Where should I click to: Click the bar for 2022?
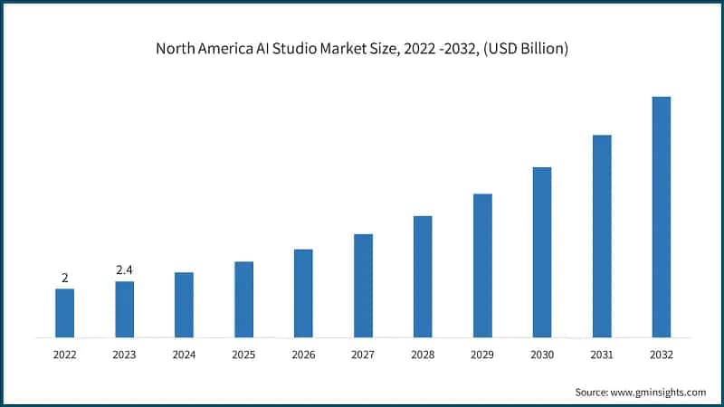coord(64,313)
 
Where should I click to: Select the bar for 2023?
coord(124,309)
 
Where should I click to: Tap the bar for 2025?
coord(243,299)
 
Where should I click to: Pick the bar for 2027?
coord(363,286)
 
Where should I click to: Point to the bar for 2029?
coord(482,266)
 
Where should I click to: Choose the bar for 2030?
coord(542,252)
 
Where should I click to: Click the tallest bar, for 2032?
coord(662,217)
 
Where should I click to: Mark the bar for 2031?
coord(602,236)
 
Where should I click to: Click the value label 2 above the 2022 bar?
coord(64,278)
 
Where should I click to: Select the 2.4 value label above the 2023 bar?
coord(124,270)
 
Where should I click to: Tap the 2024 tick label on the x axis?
coord(184,355)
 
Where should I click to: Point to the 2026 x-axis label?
coord(303,355)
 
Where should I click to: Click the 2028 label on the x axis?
coord(423,355)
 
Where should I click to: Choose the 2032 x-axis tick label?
coord(662,355)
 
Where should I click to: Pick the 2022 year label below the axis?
coord(64,355)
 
